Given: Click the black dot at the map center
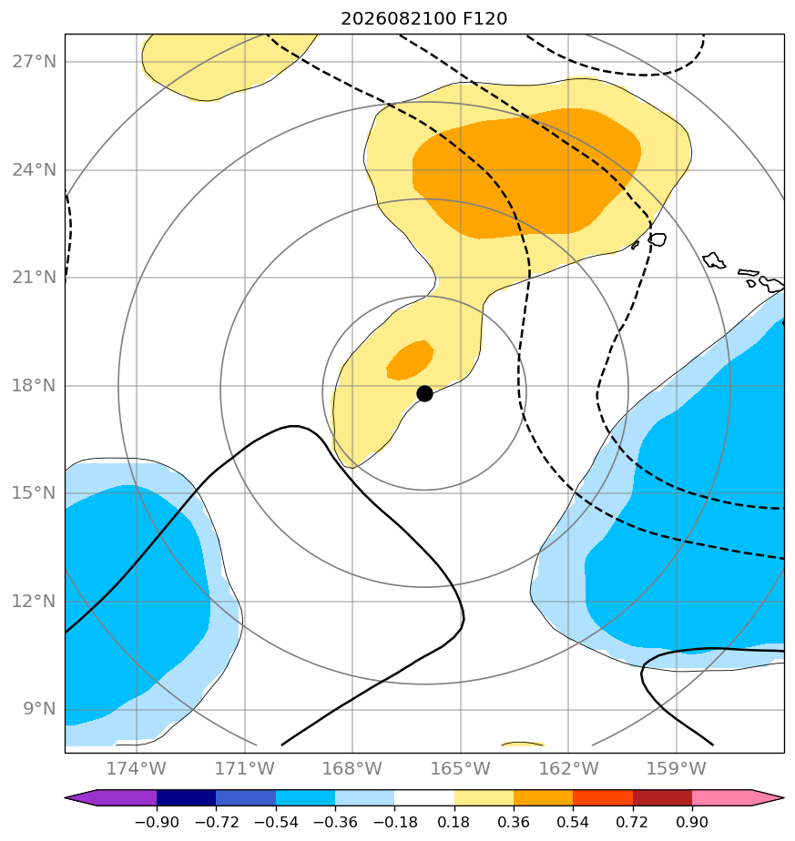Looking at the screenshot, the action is coord(424,393).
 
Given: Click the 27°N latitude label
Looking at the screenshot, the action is coord(34,62).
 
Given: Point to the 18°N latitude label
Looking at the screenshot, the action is coord(34,385).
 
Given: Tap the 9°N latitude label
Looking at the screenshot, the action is coord(39,708).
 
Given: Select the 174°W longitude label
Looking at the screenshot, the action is coord(137,768).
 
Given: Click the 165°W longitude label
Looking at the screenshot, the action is coord(460,768).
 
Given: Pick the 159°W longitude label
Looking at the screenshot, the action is coord(676,768).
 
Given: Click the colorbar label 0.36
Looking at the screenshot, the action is coord(514,822).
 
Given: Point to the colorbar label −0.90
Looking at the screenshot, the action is coord(157,822).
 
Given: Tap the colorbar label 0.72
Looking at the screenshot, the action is coord(633,822).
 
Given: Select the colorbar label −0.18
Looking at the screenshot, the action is coord(394,822).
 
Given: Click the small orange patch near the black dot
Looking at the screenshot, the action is coord(411,360).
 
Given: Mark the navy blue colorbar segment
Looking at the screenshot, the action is coord(187,797).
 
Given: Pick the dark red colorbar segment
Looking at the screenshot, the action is coord(662,797).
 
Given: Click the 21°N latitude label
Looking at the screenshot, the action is coord(34,278).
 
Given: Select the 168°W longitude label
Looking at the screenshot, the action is coord(352,768).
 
